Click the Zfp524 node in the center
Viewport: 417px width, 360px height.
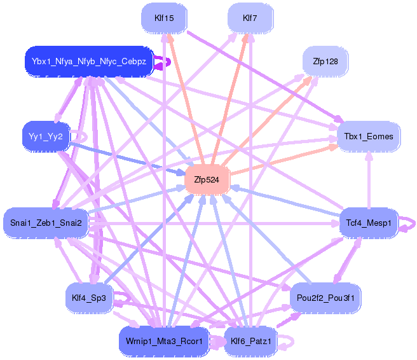206,180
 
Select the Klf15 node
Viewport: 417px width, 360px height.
164,18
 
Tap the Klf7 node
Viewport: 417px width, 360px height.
250,18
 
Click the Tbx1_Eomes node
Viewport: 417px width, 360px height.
368,136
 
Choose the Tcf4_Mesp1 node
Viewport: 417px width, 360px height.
368,223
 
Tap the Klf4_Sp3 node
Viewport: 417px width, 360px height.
89,297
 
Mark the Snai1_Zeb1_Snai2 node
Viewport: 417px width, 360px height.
45,223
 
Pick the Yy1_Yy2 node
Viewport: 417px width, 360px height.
45,136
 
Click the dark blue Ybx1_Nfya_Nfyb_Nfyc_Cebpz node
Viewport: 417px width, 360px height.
89,62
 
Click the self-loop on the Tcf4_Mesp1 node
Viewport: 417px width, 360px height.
411,223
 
